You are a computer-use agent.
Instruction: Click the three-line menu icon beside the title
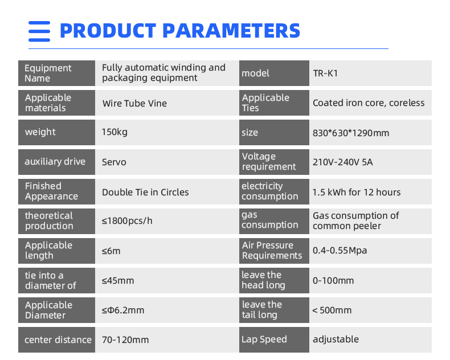point(39,31)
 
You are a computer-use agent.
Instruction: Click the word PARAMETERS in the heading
point(231,31)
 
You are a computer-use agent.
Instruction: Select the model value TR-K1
point(325,73)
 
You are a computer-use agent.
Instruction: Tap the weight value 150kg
point(114,132)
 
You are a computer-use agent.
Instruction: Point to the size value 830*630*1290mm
point(351,133)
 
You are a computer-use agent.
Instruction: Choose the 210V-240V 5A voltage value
point(343,162)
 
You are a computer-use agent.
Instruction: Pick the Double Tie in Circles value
point(145,192)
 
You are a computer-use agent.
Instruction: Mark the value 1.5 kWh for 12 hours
point(357,192)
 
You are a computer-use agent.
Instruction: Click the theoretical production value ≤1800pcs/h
point(127,221)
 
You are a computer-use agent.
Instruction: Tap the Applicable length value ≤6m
point(111,251)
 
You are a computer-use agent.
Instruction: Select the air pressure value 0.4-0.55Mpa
point(340,251)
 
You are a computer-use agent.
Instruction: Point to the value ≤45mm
point(118,280)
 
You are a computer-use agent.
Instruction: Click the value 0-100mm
point(333,280)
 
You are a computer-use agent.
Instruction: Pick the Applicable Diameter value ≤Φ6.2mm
point(123,310)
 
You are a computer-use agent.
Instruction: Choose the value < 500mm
point(332,310)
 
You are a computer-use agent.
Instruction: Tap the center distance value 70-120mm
point(125,340)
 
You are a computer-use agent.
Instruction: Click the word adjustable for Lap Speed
point(336,339)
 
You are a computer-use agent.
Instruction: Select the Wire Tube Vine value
point(134,103)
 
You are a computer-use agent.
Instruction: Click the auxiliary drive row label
point(55,162)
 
